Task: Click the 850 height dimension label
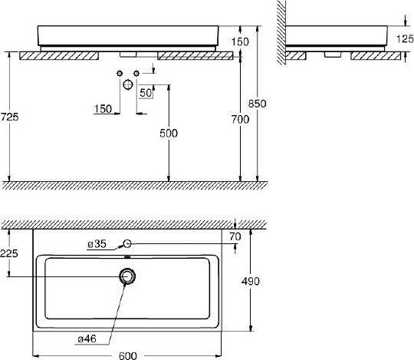[257, 104]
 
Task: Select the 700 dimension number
[240, 120]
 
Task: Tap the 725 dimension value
[9, 117]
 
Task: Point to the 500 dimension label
[169, 134]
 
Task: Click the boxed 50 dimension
[146, 93]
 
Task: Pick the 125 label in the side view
[405, 39]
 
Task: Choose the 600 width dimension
[128, 355]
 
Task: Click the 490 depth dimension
[250, 281]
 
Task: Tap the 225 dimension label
[9, 253]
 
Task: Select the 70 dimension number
[235, 236]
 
